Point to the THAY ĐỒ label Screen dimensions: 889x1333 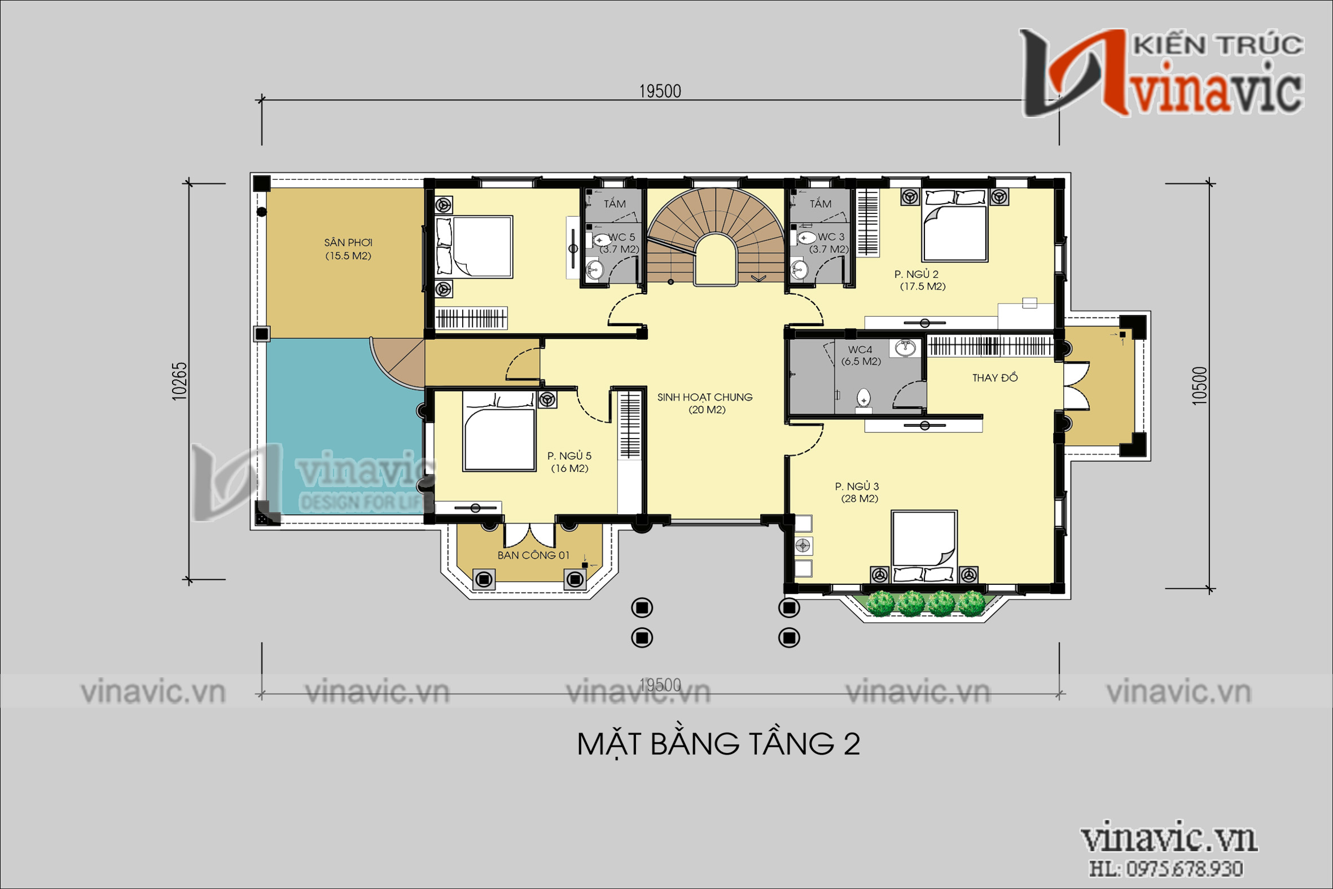coord(994,378)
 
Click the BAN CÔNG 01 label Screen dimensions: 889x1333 coord(533,555)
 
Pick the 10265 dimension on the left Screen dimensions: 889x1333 coord(179,381)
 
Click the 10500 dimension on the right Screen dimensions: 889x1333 coord(1199,386)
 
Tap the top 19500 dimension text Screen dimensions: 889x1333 coord(660,91)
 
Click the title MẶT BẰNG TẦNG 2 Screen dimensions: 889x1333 coord(718,744)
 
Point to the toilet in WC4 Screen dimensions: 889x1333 coord(863,397)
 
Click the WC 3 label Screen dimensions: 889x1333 coord(830,237)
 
